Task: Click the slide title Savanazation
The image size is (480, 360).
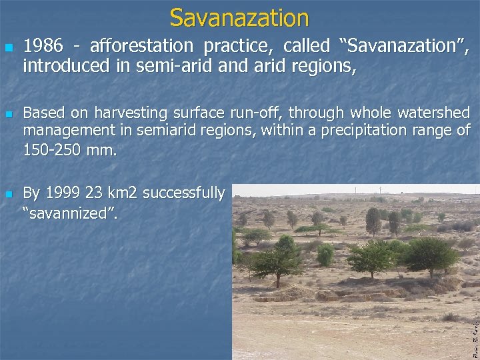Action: click(x=239, y=17)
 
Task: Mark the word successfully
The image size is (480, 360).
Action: click(x=183, y=193)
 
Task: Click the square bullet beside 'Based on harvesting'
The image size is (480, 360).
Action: click(x=8, y=113)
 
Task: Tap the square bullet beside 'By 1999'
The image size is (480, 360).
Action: click(x=8, y=194)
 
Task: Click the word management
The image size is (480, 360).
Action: click(x=67, y=131)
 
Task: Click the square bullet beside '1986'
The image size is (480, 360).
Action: click(x=8, y=48)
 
